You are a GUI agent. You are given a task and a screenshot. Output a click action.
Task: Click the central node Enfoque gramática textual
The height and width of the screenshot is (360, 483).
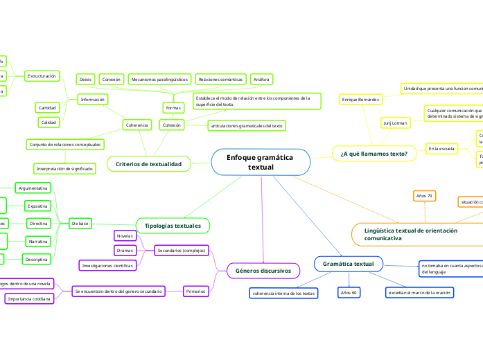tap(261, 163)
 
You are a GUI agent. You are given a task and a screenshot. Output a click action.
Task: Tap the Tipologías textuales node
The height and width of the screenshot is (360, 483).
tap(173, 226)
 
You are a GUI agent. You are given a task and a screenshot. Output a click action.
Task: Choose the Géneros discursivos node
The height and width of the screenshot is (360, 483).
tap(263, 271)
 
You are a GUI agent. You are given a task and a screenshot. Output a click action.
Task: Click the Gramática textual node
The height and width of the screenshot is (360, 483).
tap(348, 264)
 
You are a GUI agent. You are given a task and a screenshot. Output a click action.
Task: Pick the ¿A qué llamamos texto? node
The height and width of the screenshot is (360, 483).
tap(374, 154)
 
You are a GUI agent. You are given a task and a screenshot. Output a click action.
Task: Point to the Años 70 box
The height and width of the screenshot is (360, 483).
tap(424, 197)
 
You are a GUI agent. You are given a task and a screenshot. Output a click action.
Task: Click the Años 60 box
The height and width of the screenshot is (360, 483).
tap(348, 294)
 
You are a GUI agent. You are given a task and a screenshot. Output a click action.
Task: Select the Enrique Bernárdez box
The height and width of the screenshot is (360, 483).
tap(360, 100)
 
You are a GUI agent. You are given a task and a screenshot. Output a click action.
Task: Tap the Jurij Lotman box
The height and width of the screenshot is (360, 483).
tap(395, 123)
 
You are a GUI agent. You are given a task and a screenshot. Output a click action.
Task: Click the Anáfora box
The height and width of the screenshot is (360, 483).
tap(261, 80)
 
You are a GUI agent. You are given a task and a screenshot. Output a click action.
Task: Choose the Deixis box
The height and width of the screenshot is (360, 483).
tap(85, 80)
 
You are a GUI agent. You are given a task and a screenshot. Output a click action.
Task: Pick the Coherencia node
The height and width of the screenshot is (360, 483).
tap(137, 125)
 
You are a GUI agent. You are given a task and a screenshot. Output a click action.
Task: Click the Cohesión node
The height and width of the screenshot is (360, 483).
tap(171, 125)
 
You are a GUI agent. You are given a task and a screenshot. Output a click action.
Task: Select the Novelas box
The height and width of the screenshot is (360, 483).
tap(125, 236)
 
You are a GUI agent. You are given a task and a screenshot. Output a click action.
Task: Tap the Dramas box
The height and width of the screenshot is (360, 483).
tap(125, 250)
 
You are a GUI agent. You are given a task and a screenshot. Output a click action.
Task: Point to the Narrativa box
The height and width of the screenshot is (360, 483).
tap(37, 241)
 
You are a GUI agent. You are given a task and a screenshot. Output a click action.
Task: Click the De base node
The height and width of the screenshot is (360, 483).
tap(80, 224)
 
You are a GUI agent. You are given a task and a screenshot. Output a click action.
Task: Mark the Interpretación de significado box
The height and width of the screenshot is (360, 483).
tap(64, 168)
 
